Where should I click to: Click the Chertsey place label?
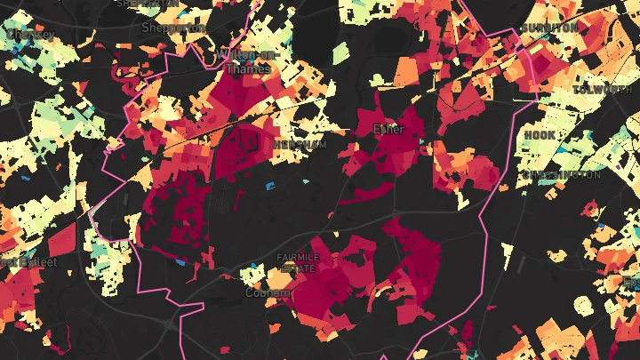click(29, 35)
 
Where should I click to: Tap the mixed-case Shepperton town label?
click(174, 28)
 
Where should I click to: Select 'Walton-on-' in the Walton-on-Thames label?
click(248, 54)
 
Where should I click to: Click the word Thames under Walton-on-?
click(248, 68)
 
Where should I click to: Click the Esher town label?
click(388, 130)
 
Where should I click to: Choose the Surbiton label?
click(549, 28)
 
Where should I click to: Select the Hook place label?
click(539, 135)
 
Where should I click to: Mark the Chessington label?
click(561, 175)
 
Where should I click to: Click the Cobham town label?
click(268, 292)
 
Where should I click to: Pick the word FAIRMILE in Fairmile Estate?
click(296, 258)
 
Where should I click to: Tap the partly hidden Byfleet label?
click(20, 261)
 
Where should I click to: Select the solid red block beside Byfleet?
click(61, 241)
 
